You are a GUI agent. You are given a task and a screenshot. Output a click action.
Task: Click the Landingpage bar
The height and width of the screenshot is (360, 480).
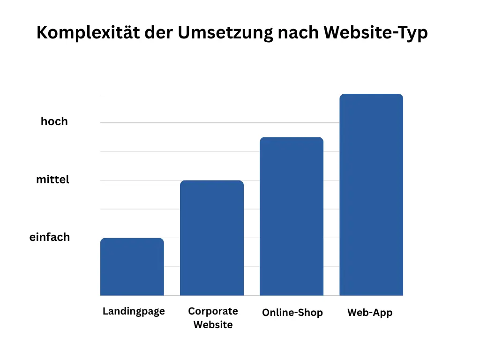point(132,267)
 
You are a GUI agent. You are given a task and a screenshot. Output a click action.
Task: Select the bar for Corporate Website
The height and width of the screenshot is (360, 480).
point(212,238)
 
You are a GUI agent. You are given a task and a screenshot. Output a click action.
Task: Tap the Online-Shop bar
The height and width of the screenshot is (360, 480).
point(292,217)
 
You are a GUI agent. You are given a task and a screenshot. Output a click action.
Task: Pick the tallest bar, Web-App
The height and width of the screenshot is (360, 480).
point(371,195)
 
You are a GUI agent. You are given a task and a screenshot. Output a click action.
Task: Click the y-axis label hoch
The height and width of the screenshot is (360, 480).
point(54,121)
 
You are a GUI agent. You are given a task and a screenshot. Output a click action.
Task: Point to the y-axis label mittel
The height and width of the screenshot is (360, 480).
point(52,180)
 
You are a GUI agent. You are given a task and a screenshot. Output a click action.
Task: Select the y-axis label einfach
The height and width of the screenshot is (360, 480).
point(50,237)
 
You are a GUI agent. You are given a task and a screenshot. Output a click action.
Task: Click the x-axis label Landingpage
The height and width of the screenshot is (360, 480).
point(134,312)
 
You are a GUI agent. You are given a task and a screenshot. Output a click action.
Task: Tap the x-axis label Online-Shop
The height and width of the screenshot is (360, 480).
point(292,313)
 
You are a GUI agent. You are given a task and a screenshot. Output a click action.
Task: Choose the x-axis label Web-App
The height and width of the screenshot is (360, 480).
point(370,313)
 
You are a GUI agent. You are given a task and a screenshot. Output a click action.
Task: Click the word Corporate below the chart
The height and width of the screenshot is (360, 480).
point(213,311)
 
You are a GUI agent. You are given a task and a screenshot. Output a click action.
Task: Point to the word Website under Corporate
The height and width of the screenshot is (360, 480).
point(213,324)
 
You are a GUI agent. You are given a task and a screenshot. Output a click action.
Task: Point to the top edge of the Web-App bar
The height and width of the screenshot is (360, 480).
point(371,94)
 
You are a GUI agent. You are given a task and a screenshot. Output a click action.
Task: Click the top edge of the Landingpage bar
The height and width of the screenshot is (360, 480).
point(132,239)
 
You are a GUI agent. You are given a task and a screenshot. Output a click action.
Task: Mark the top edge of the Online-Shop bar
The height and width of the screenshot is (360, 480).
point(292,137)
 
